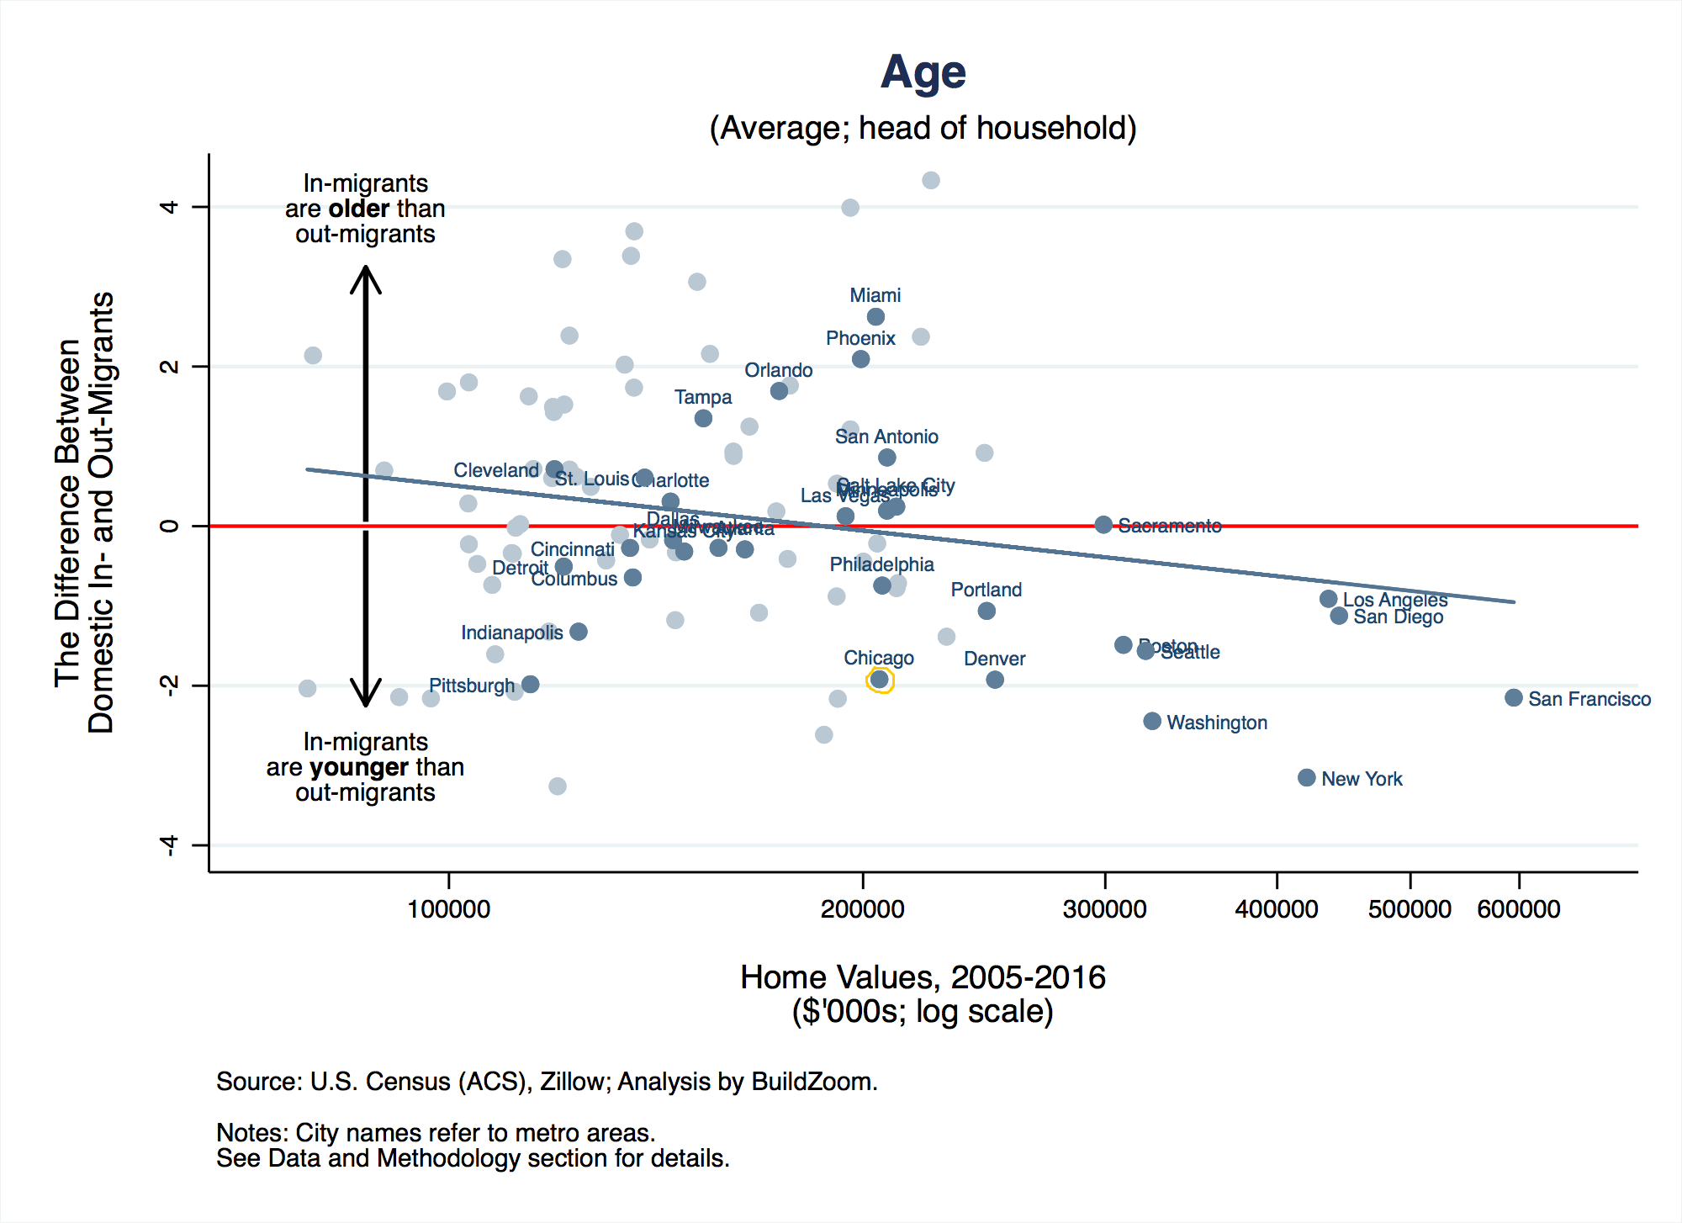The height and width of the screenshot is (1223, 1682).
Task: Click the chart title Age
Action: [x=923, y=72]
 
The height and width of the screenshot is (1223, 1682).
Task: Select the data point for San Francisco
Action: [x=1513, y=697]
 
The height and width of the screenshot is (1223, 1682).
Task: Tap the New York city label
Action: [x=1361, y=779]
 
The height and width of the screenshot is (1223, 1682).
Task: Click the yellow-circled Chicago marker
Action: [x=880, y=680]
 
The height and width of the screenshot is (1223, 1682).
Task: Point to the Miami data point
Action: [x=875, y=317]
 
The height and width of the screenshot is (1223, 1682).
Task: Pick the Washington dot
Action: [x=1152, y=721]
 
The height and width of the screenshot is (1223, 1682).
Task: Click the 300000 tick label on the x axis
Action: [x=1104, y=909]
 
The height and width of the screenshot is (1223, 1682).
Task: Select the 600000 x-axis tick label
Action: [x=1518, y=909]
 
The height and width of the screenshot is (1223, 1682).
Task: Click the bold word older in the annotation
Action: [x=359, y=209]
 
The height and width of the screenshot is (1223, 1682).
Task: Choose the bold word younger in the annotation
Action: [x=359, y=767]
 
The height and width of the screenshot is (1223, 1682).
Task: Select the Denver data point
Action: [x=995, y=680]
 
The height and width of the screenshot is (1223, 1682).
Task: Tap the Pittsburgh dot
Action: [x=530, y=684]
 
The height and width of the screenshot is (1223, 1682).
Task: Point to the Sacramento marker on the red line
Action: [x=1103, y=525]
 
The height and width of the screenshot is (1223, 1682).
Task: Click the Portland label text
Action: [x=986, y=590]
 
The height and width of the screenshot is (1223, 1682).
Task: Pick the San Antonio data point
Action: [x=886, y=458]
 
